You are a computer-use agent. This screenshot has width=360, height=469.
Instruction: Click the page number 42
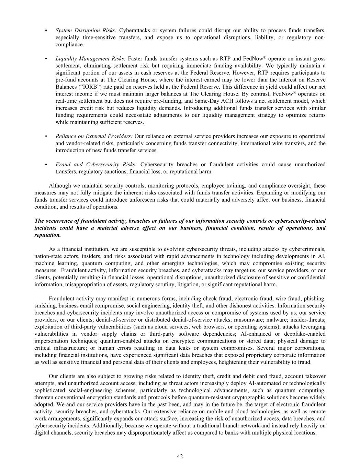click(x=180, y=456)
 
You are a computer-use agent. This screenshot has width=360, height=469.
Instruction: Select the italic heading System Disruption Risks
click(x=86, y=30)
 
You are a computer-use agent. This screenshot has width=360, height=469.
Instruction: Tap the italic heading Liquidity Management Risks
click(x=91, y=58)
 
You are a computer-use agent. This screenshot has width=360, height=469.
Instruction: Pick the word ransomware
click(x=246, y=320)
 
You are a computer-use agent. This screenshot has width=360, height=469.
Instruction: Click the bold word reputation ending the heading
click(x=47, y=235)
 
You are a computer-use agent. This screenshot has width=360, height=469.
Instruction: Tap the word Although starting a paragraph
click(x=60, y=186)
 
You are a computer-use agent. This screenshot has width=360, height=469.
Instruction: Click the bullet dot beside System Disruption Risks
click(x=46, y=31)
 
